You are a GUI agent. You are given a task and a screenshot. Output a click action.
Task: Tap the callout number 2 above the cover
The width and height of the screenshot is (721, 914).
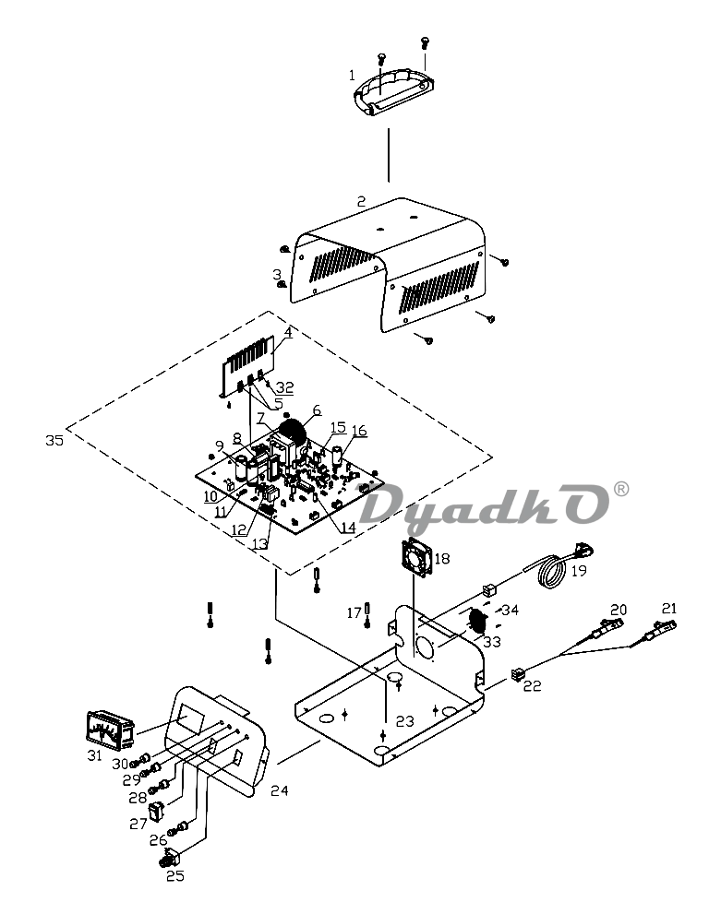pos(361,202)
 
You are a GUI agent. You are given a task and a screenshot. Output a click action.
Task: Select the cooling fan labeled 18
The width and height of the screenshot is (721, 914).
pos(415,557)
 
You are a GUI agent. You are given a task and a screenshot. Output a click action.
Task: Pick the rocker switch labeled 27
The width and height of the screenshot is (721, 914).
pos(156,812)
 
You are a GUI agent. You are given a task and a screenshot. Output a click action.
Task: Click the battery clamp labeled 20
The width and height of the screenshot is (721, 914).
pos(607,630)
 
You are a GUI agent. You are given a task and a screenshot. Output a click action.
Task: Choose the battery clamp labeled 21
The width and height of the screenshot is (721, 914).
pos(659,630)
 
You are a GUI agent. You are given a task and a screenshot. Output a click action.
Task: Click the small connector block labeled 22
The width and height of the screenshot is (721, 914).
pos(517,674)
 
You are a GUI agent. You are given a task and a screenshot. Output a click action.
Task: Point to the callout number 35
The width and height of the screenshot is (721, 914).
pos(54,440)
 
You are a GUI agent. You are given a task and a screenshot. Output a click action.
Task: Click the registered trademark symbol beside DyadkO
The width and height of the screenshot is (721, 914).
pos(622,489)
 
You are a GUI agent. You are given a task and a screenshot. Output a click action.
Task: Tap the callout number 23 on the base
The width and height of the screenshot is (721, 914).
pos(405,721)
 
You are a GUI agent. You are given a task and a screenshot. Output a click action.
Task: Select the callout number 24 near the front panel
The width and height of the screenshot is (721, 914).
pos(280,790)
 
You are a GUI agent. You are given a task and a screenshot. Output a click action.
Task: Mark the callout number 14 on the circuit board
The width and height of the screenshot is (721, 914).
pos(348,528)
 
